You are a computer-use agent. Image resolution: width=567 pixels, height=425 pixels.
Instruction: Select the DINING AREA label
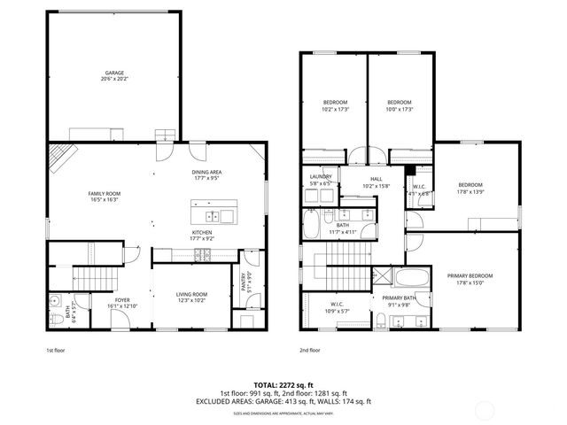coord(207,174)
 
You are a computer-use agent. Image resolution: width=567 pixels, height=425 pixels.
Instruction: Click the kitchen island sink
coord(213,216)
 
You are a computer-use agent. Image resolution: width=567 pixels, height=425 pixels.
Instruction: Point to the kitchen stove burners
coord(206,256)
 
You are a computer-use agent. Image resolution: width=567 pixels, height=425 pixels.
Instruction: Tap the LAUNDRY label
coord(321,179)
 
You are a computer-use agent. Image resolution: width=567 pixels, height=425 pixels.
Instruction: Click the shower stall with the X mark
coord(382,276)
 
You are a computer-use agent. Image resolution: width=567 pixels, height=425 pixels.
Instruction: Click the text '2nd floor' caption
coord(309,350)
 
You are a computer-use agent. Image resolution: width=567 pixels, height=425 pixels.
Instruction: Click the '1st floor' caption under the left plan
coord(57,350)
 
